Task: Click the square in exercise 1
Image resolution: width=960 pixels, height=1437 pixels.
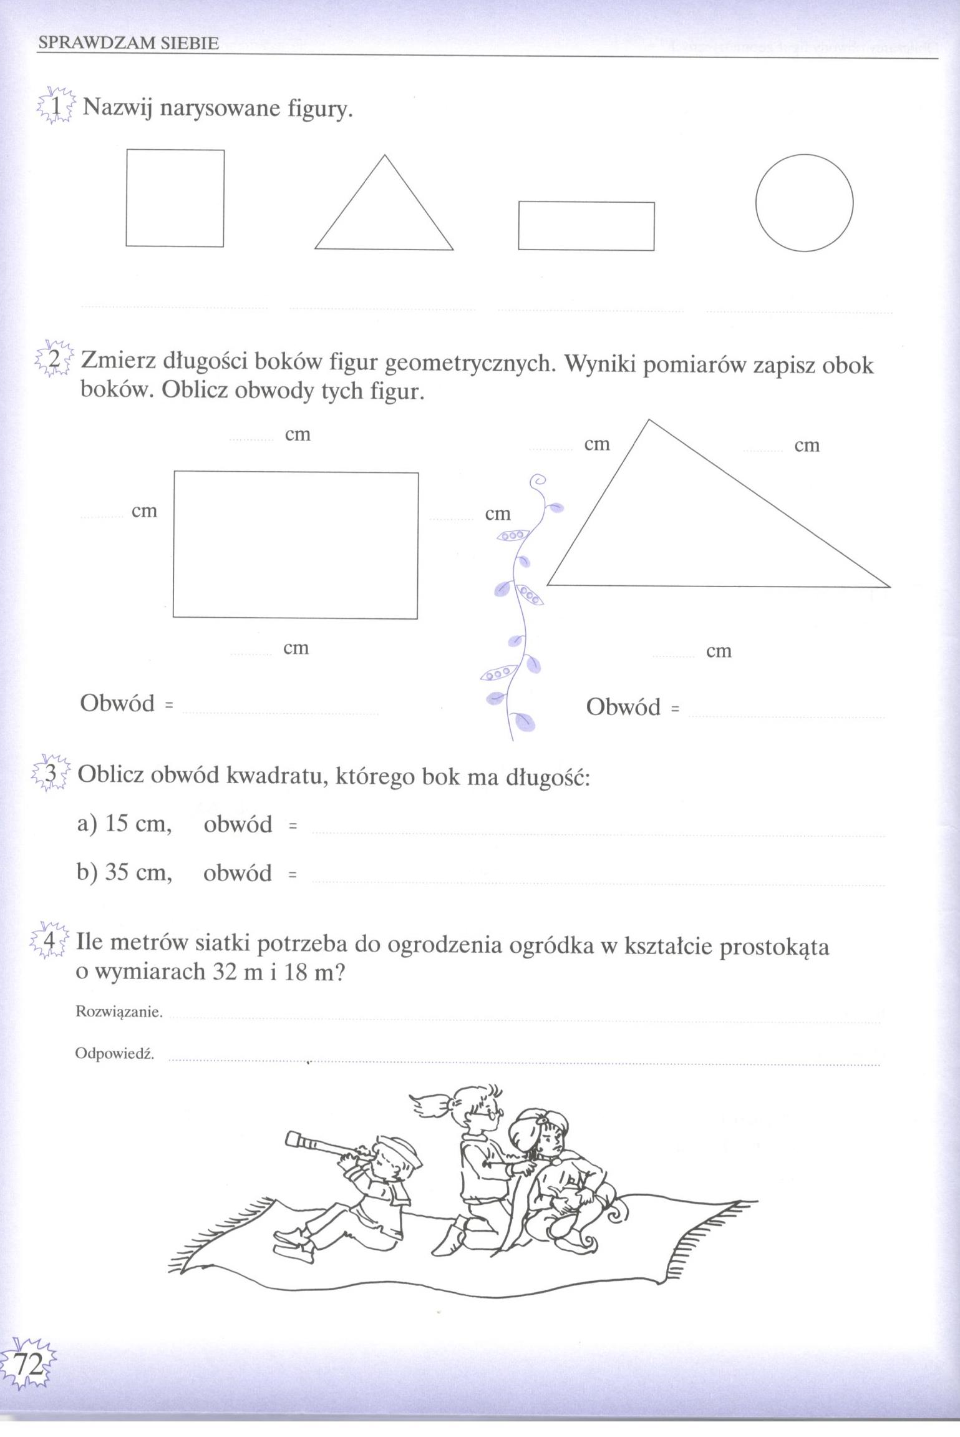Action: point(175,198)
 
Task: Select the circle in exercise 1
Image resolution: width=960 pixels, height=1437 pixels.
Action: point(804,203)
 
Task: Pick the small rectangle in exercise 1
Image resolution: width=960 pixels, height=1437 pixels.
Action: point(586,225)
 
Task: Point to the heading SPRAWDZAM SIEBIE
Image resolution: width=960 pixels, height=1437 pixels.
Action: point(128,43)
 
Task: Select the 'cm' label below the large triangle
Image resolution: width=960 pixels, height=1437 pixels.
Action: point(718,651)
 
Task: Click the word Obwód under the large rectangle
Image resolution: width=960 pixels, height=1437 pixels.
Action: point(117,703)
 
